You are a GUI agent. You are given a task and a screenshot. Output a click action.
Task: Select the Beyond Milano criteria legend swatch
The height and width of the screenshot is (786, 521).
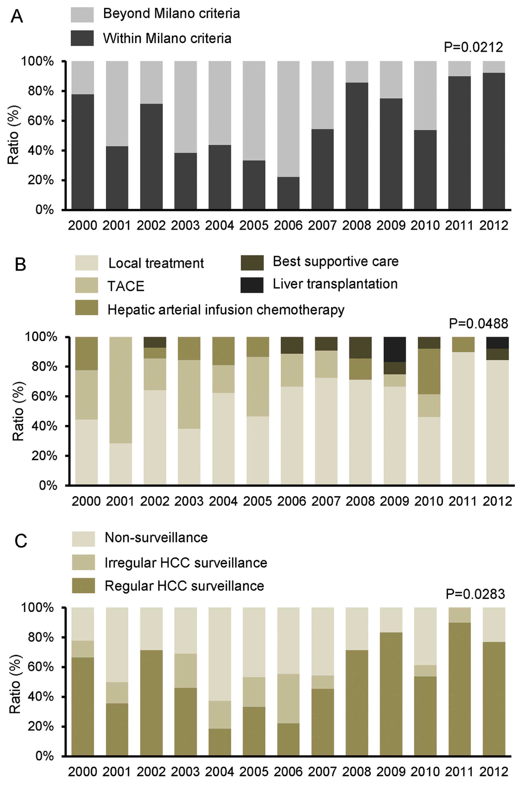82,14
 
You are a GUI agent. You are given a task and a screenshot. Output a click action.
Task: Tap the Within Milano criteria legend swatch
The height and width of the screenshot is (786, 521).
82,38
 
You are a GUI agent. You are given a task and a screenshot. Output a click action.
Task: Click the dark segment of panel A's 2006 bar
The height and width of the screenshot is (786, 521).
288,193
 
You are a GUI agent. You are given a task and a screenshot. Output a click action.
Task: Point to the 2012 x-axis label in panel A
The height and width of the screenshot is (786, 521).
494,225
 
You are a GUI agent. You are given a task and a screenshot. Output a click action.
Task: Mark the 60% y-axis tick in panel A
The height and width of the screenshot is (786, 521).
41,121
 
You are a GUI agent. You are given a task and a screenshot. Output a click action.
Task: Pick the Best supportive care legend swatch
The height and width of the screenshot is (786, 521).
252,262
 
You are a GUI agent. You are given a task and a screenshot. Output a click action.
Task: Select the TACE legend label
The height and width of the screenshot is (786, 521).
126,286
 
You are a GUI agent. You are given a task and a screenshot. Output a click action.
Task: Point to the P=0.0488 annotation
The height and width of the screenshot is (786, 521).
478,323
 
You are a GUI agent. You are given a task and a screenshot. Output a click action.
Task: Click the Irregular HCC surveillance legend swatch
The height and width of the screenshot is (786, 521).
84,562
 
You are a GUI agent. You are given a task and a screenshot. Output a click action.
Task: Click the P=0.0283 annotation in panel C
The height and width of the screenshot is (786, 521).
475,594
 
